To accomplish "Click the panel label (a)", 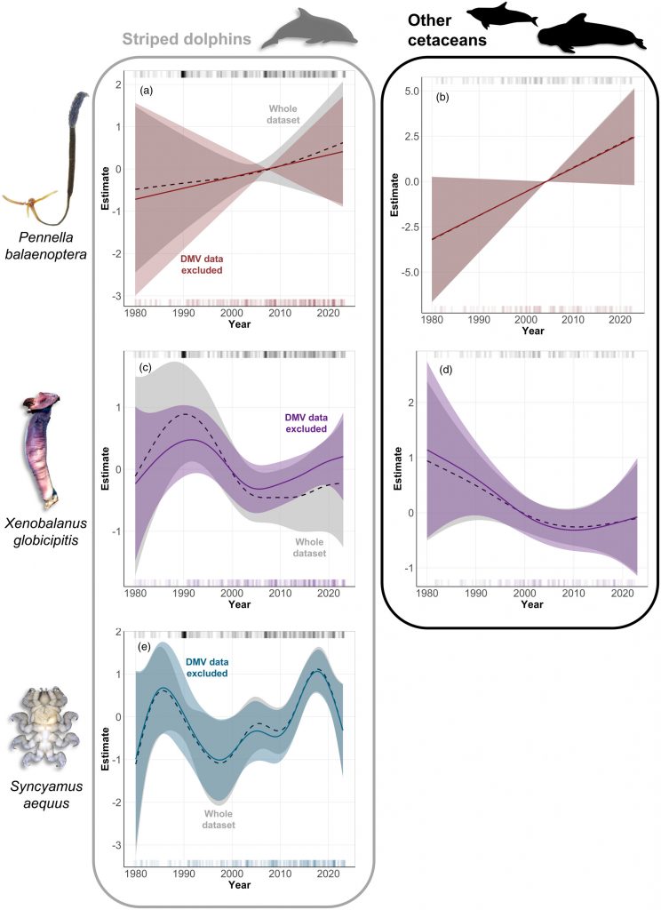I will coord(146,92).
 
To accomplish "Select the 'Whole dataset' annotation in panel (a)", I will coord(283,114).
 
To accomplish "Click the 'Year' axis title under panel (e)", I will coord(239,885).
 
